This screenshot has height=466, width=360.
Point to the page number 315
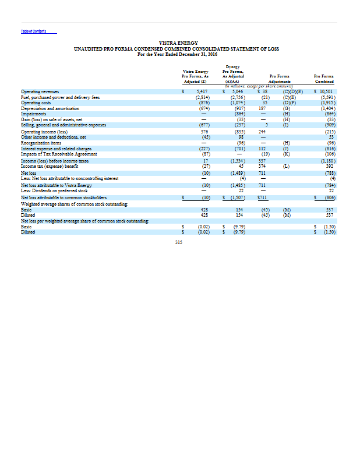click(x=179, y=243)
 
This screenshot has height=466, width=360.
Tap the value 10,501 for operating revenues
click(x=323, y=91)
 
